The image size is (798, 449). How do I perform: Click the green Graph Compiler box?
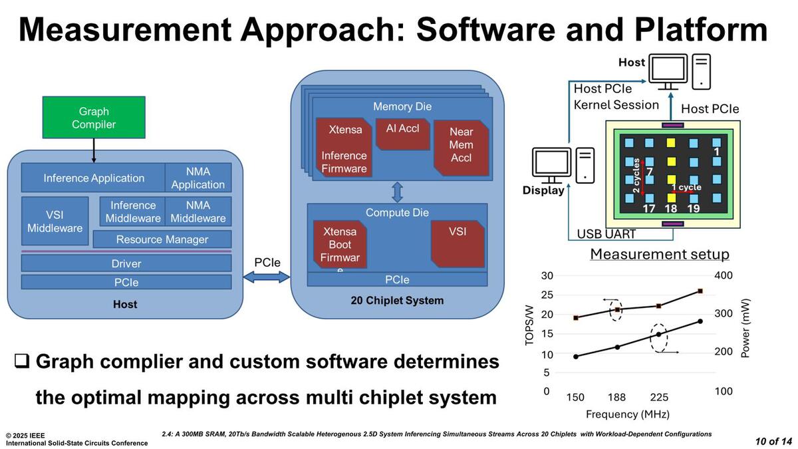point(93,118)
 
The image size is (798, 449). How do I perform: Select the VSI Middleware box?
point(55,221)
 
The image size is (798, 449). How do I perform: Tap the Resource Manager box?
point(162,239)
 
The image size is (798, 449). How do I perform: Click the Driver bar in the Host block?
point(126,263)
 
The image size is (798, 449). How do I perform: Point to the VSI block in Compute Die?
point(458,241)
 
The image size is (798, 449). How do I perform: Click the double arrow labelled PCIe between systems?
point(267,275)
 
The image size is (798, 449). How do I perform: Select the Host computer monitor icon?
point(668,72)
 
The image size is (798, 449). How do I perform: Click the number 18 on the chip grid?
point(671,209)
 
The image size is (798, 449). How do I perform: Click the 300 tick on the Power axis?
point(724,313)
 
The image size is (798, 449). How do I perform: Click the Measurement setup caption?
point(659,254)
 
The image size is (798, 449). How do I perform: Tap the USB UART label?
point(606,233)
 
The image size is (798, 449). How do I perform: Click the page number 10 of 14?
point(773,441)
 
